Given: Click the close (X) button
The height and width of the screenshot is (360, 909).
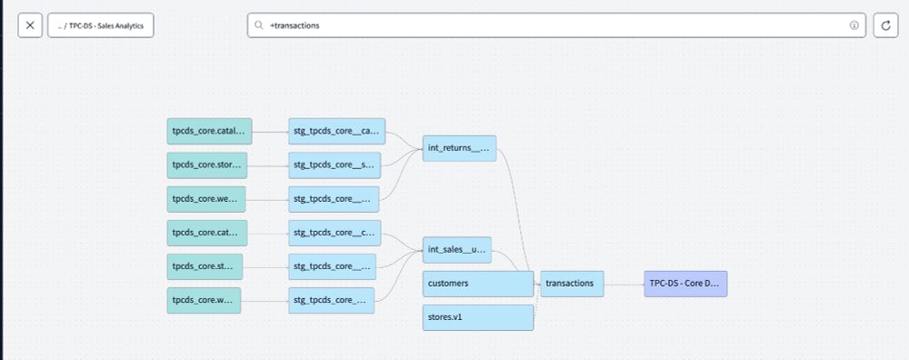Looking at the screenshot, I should tap(30, 25).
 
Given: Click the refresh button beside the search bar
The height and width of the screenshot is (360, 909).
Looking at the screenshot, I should tap(886, 25).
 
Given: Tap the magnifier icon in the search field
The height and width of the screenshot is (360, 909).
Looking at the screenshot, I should tap(260, 25).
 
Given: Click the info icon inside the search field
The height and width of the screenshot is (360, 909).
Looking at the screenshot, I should tap(854, 25).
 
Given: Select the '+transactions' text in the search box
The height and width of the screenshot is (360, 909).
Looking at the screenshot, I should tap(295, 25).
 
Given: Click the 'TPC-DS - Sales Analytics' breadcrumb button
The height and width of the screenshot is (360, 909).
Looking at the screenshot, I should tap(101, 25).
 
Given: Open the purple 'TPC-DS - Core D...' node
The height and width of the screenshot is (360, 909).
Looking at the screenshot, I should tap(685, 284).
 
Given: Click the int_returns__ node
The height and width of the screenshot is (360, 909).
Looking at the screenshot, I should tap(459, 147).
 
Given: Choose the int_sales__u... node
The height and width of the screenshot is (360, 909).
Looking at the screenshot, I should tap(456, 249).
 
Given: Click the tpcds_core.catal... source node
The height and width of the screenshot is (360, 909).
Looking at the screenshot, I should tap(207, 131).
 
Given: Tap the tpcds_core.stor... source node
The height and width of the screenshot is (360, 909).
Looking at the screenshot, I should tap(207, 165).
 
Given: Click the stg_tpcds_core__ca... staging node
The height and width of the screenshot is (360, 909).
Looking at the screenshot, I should tap(336, 131).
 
